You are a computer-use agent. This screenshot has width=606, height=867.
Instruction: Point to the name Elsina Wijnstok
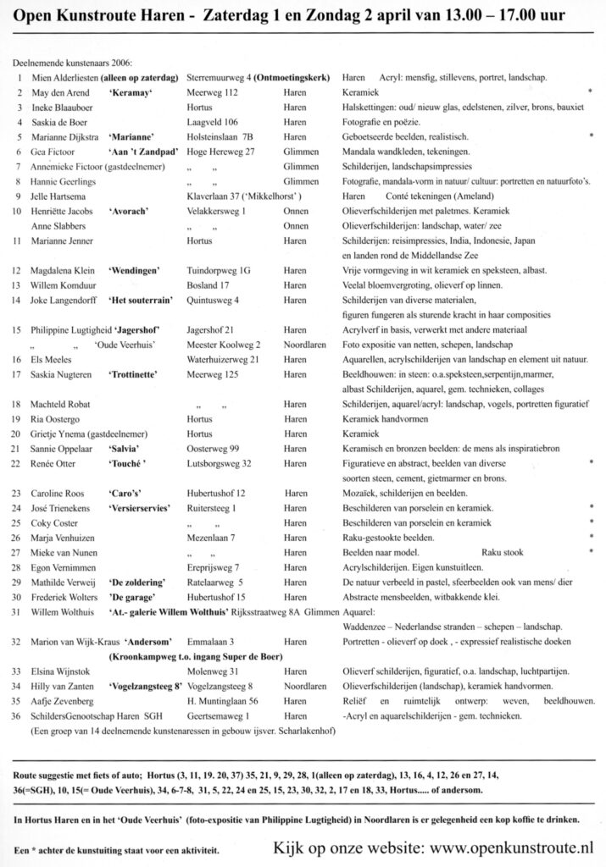coord(60,670)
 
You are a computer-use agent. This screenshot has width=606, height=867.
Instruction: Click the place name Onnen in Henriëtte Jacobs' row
coord(297,211)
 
